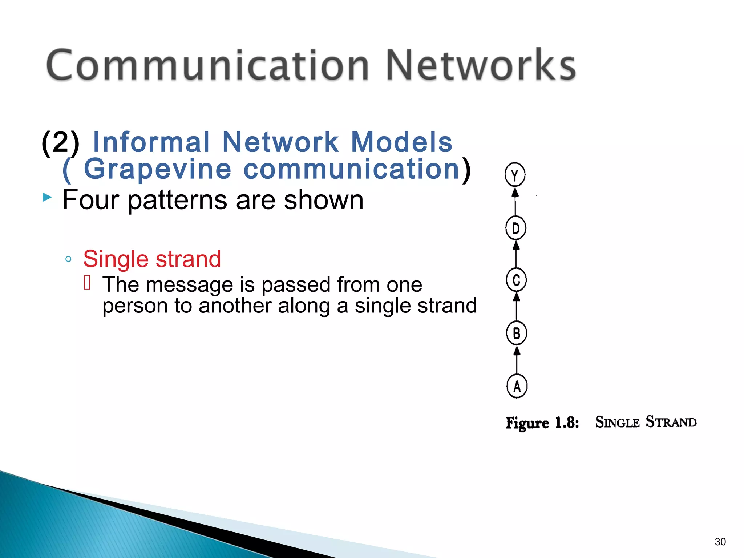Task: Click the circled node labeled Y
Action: click(x=515, y=175)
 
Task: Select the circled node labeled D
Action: click(x=515, y=228)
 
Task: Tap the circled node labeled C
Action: click(x=516, y=280)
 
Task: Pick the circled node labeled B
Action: click(x=517, y=333)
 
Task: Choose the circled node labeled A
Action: click(x=517, y=386)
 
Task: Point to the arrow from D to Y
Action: click(x=515, y=201)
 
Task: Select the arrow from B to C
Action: click(x=517, y=307)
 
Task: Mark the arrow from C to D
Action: click(x=516, y=254)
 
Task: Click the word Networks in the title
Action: click(x=480, y=65)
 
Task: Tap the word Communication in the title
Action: click(x=207, y=65)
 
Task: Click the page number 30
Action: click(x=720, y=542)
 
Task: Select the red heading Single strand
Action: click(x=152, y=259)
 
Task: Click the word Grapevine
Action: click(x=158, y=169)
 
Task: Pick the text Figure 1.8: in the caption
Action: click(x=542, y=423)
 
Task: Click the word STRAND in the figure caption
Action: click(x=671, y=422)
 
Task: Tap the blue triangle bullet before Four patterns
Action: click(x=47, y=198)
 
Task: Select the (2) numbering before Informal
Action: click(x=60, y=142)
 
